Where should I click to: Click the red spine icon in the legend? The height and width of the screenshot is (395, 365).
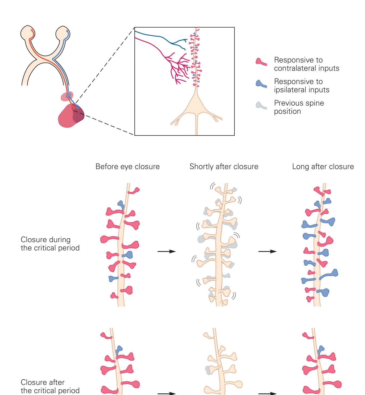click(261, 62)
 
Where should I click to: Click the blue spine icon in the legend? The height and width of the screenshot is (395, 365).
click(261, 84)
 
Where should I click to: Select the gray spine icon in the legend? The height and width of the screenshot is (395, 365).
click(261, 105)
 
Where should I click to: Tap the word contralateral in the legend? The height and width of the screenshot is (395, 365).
click(290, 68)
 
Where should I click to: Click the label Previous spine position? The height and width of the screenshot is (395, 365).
click(299, 107)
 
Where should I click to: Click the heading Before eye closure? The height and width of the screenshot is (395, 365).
click(127, 167)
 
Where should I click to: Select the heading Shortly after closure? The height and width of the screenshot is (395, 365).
click(224, 167)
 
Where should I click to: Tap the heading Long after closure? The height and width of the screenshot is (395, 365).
click(323, 167)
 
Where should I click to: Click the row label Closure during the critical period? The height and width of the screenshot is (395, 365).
click(50, 244)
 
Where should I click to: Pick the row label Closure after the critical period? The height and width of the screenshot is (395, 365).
click(50, 386)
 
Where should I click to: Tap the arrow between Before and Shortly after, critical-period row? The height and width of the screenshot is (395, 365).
click(167, 251)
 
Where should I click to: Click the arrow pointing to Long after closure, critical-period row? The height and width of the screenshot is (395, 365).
click(267, 251)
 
